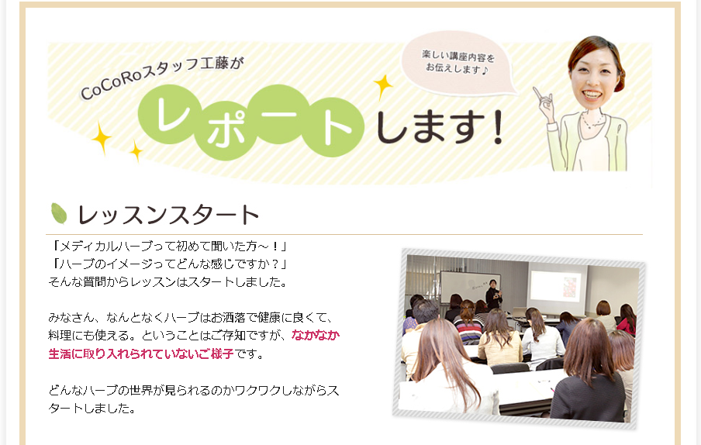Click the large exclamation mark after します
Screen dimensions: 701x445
pos(498,127)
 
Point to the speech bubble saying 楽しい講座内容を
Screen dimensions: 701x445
pos(459,64)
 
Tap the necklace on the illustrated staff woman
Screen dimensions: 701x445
pos(592,122)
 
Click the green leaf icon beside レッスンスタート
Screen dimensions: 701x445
pos(59,213)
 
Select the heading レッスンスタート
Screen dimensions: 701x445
pos(168,215)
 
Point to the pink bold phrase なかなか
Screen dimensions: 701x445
pos(316,335)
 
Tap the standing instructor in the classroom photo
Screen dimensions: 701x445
pos(493,294)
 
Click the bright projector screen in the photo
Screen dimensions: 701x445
pos(558,285)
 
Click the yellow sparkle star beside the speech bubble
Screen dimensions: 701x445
pos(383,86)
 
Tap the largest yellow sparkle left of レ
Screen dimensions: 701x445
pos(102,137)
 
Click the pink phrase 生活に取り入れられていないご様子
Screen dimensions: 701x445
pos(141,354)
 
